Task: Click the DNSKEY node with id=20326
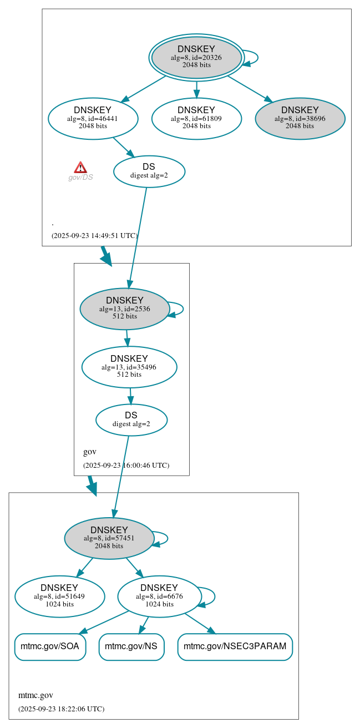pyautogui.click(x=196, y=57)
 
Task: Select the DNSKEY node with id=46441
pyautogui.click(x=93, y=118)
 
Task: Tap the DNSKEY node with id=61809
pyautogui.click(x=196, y=118)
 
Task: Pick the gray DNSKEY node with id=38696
pyautogui.click(x=300, y=118)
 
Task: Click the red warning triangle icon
pyautogui.click(x=80, y=167)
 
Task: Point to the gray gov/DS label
pyautogui.click(x=80, y=178)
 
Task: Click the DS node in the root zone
pyautogui.click(x=149, y=171)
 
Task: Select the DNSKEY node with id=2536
pyautogui.click(x=124, y=309)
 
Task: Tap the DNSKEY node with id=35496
pyautogui.click(x=129, y=367)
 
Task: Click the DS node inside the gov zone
pyautogui.click(x=131, y=419)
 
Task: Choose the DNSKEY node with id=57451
pyautogui.click(x=109, y=538)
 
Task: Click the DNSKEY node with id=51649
pyautogui.click(x=59, y=596)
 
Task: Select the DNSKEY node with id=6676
pyautogui.click(x=159, y=596)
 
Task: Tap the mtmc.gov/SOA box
pyautogui.click(x=50, y=646)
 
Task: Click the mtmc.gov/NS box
pyautogui.click(x=131, y=646)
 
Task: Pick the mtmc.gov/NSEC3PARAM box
pyautogui.click(x=235, y=646)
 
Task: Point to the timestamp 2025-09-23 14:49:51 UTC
pyautogui.click(x=94, y=235)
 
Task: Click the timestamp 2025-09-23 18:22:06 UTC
pyautogui.click(x=61, y=709)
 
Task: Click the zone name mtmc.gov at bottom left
pyautogui.click(x=36, y=695)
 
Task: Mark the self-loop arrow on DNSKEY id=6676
pyautogui.click(x=214, y=596)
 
